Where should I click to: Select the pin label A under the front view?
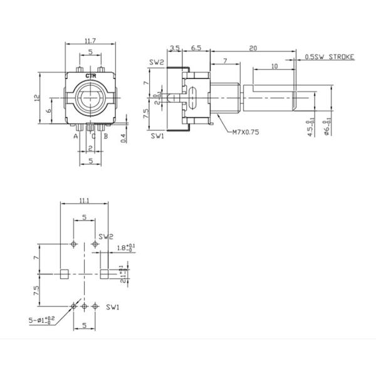(x=75, y=135)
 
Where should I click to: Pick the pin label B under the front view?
(x=107, y=135)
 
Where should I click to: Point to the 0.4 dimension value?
(x=123, y=137)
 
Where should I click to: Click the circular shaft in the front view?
(x=91, y=100)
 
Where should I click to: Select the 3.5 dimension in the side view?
(x=175, y=48)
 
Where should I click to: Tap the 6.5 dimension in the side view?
(x=196, y=48)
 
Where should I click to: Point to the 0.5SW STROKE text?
(x=330, y=57)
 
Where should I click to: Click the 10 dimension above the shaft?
(x=274, y=66)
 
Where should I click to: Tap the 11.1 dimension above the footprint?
(x=84, y=200)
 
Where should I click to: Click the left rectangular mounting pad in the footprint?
(x=63, y=273)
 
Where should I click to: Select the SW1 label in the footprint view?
(x=113, y=307)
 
